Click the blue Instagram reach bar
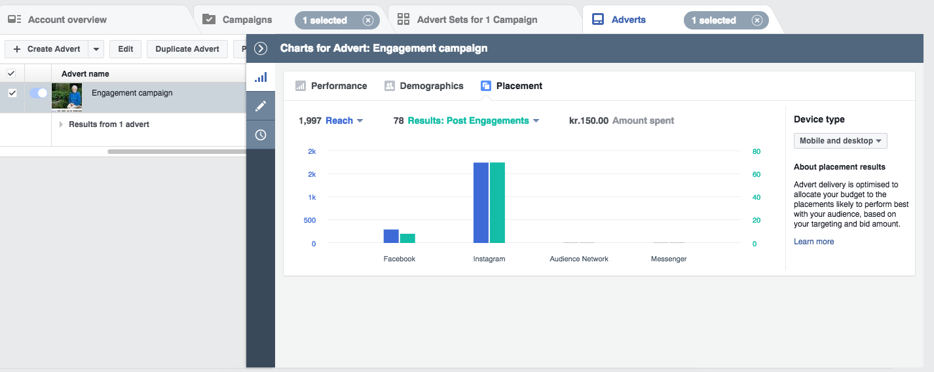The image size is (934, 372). (481, 202)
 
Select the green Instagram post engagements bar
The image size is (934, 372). (497, 202)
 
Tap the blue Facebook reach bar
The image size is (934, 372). (391, 236)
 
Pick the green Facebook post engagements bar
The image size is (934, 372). (407, 238)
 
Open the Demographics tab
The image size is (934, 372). (424, 86)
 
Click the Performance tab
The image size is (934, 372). (331, 86)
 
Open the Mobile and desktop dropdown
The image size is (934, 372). (840, 141)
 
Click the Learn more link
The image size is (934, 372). (813, 242)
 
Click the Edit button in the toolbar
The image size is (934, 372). (126, 49)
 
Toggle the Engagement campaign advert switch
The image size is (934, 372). (39, 93)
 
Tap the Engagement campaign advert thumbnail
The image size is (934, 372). (67, 97)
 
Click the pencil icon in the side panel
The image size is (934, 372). (261, 106)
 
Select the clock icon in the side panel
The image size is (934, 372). (261, 135)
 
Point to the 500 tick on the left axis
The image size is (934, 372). (309, 220)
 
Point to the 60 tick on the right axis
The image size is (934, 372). (757, 174)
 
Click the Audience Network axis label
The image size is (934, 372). (579, 259)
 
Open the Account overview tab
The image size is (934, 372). (58, 20)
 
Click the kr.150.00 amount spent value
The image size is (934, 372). (588, 121)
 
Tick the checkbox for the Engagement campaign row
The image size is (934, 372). (12, 93)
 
